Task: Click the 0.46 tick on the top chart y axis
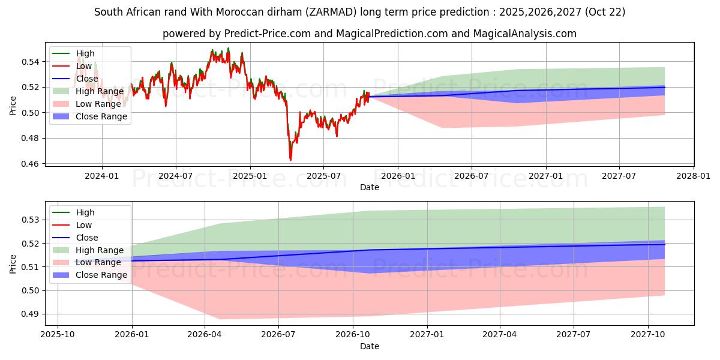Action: pos(31,164)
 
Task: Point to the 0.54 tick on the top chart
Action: pos(31,62)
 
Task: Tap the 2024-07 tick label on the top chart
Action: pos(176,176)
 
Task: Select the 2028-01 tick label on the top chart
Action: pos(694,176)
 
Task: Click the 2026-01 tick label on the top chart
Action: pos(398,176)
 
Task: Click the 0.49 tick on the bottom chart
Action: pos(31,314)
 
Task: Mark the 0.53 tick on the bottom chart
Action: pos(31,220)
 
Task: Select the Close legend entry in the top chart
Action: pos(87,79)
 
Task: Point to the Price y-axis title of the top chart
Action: pos(13,106)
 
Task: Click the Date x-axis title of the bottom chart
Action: pos(370,346)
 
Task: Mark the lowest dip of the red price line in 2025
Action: pos(290,160)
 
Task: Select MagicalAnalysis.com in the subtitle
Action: pos(525,34)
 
